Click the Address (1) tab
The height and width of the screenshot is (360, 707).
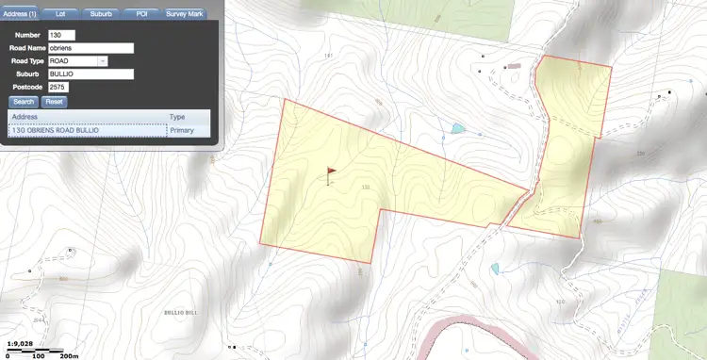[20, 14]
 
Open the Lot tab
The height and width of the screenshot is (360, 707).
[60, 14]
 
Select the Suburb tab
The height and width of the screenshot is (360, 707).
[101, 14]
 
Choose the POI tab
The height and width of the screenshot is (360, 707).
[140, 14]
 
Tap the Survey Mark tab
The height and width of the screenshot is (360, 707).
[185, 14]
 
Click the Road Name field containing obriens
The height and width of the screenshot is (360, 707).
[90, 48]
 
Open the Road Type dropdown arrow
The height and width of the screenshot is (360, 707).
[103, 61]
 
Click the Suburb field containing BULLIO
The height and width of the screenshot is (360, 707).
[90, 74]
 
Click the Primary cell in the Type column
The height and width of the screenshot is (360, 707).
[182, 130]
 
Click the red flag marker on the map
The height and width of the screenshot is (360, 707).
[330, 172]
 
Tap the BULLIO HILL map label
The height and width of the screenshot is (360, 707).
[179, 311]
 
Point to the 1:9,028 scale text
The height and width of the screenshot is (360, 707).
[22, 344]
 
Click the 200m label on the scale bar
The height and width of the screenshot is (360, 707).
[70, 356]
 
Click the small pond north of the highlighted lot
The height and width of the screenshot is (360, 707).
[458, 128]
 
